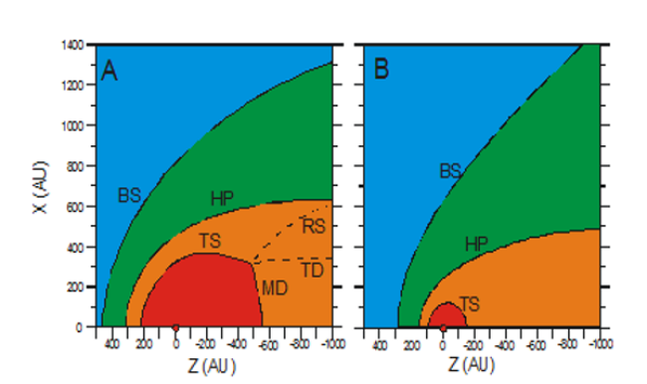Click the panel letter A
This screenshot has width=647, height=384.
pos(109,71)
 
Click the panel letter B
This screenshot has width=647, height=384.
pos(381,69)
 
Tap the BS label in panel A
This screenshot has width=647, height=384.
pos(129,195)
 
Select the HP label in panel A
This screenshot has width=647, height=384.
pos(222,199)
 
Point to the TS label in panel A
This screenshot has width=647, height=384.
pos(210,241)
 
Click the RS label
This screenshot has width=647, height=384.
pos(314,227)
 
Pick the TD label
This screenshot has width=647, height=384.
pos(312,271)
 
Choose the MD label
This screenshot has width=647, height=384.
pos(275,288)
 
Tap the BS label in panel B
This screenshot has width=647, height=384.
pos(450,171)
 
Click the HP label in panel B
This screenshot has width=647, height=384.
pos(477,244)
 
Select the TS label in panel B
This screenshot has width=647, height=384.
pos(469,304)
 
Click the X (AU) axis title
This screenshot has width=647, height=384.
pos(41,187)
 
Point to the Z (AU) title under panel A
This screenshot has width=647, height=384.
pos(212,366)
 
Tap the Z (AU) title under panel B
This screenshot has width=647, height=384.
pos(471,365)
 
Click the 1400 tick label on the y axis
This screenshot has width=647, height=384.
pos(73,45)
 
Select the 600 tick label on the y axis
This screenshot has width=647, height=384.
pos(76,206)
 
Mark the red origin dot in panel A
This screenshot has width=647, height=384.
pos(176,328)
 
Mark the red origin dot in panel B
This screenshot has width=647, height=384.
pos(443,328)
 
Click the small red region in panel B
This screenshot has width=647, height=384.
pos(447,315)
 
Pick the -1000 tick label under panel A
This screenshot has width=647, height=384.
pos(333,343)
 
